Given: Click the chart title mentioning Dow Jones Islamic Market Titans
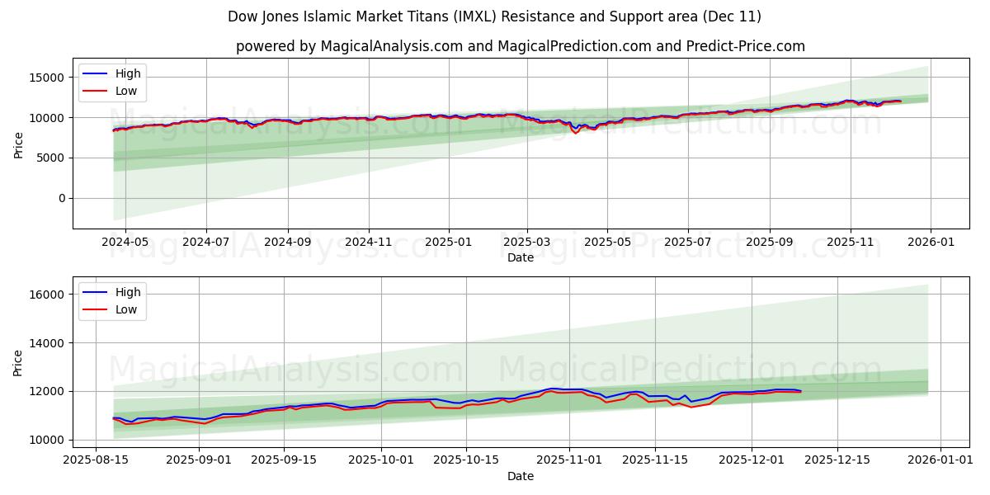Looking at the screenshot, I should pyautogui.click(x=495, y=16).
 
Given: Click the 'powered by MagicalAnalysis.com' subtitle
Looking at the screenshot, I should pyautogui.click(x=520, y=46).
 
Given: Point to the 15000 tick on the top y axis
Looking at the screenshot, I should pyautogui.click(x=48, y=78).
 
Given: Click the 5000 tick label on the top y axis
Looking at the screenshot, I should pyautogui.click(x=51, y=158).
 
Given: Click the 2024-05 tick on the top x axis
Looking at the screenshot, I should pyautogui.click(x=125, y=243).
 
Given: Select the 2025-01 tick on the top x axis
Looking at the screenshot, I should pyautogui.click(x=448, y=243).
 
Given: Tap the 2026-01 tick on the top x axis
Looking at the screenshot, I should pyautogui.click(x=931, y=243).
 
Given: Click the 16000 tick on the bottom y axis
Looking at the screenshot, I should pyautogui.click(x=48, y=295).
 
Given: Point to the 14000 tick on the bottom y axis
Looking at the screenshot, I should pyautogui.click(x=48, y=343).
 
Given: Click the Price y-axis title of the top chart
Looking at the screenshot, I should pyautogui.click(x=18, y=144).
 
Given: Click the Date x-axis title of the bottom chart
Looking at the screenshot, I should pyautogui.click(x=520, y=476).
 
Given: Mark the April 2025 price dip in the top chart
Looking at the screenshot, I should pyautogui.click(x=576, y=132).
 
